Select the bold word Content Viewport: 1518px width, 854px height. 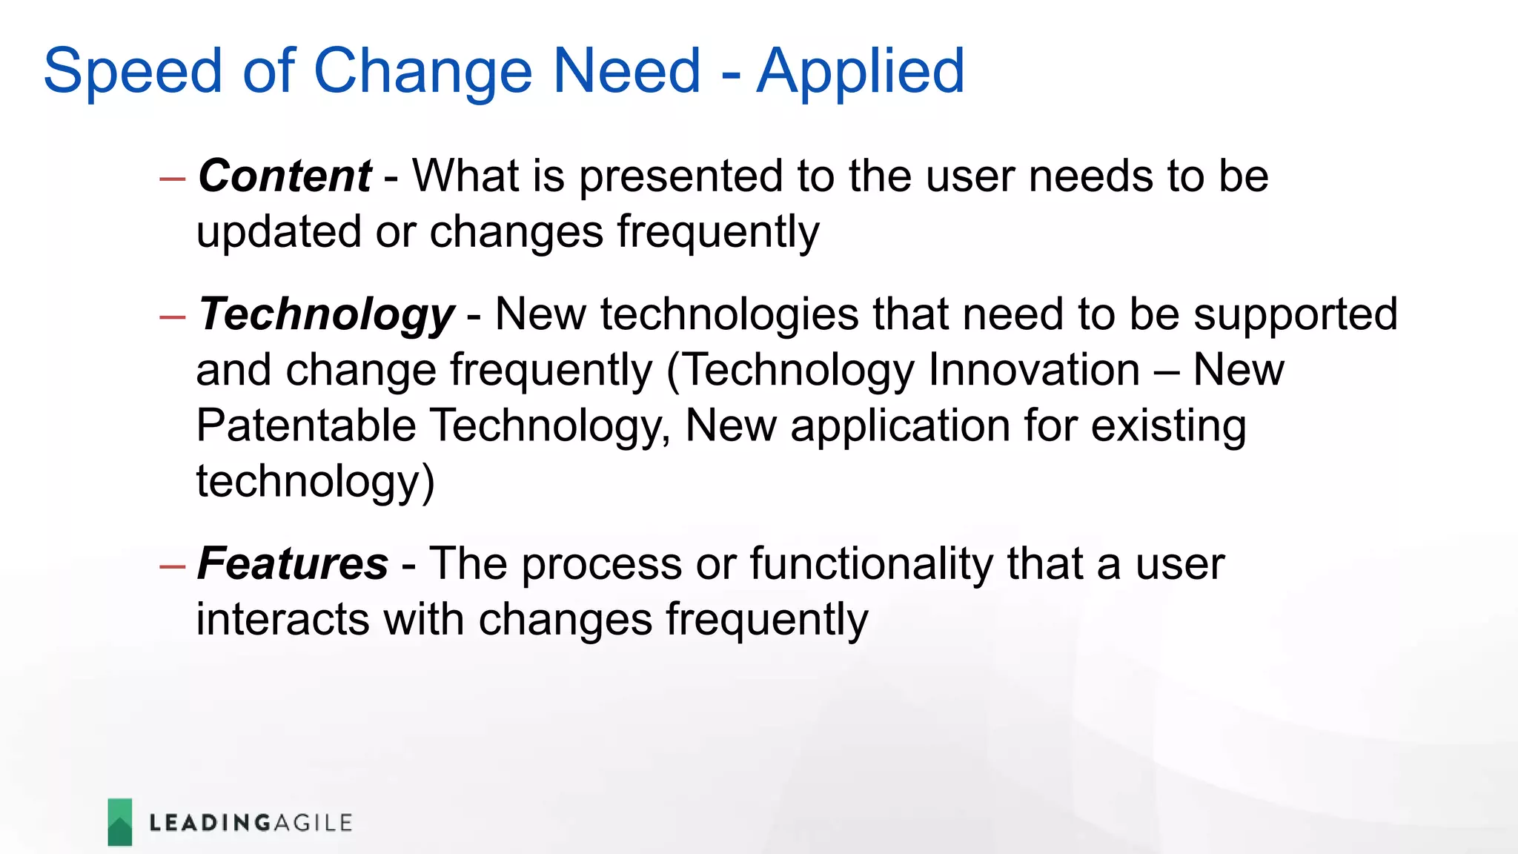[285, 176]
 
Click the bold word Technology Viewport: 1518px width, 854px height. [326, 315]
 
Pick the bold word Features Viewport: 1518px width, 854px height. [293, 564]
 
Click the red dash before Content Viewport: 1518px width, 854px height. [172, 179]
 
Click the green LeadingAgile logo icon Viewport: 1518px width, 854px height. [120, 822]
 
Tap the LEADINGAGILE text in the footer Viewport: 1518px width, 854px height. [251, 823]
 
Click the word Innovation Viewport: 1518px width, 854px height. [1033, 370]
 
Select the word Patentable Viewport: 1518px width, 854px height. [305, 426]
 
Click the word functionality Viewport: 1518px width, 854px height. [871, 564]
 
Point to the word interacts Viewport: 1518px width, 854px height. [282, 620]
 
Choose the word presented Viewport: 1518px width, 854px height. [680, 176]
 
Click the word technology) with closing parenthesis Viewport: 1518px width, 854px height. [315, 482]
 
